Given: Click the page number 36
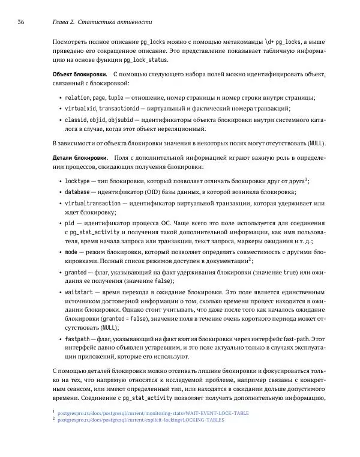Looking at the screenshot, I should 20,23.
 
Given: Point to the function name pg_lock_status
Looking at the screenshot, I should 151,60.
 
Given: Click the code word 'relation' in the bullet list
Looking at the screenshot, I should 77,97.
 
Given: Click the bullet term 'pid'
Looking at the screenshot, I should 70,223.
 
